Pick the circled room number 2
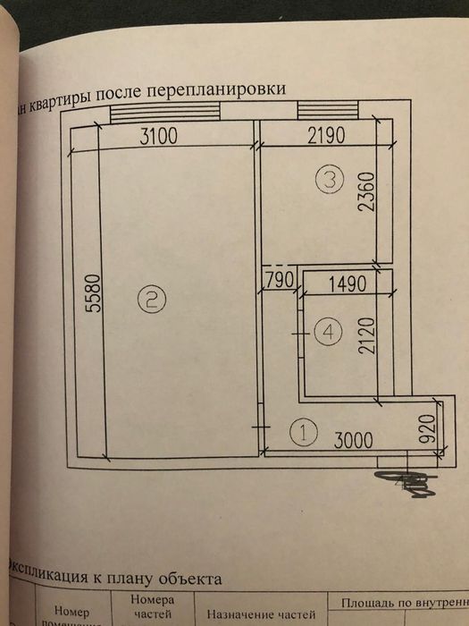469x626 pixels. [x=152, y=297]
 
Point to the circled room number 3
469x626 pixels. [x=330, y=178]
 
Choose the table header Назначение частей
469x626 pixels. [x=262, y=613]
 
